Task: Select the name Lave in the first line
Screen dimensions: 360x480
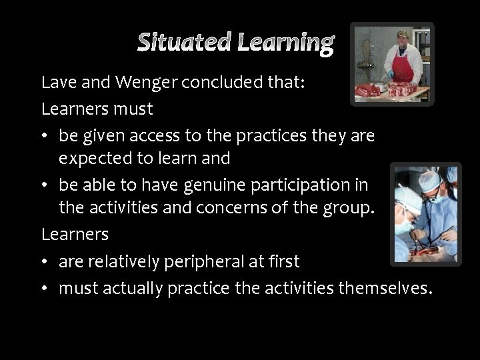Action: (56, 83)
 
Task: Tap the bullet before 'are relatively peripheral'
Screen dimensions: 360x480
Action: (45, 262)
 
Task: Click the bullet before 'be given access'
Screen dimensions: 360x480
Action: (45, 135)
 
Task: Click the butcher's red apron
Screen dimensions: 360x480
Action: (402, 66)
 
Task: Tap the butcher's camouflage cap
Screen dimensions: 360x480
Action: (403, 34)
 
